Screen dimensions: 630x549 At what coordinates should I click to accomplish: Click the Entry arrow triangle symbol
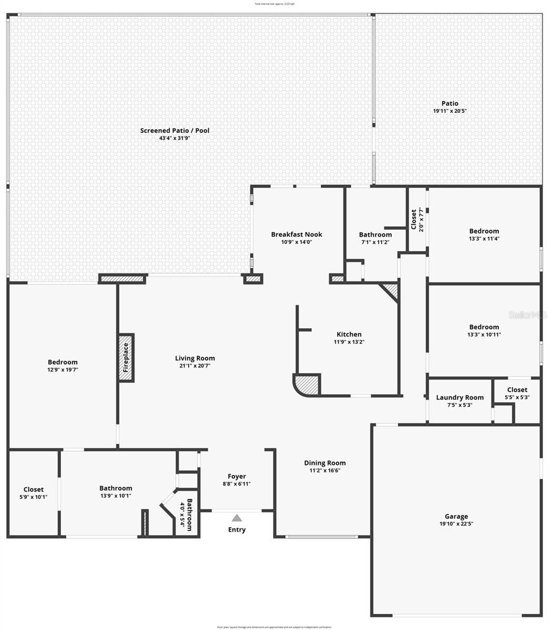point(237,518)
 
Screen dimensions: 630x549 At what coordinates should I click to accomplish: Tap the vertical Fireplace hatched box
point(126,358)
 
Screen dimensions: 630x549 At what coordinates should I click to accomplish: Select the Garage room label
point(456,517)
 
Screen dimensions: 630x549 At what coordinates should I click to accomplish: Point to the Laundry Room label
point(460,397)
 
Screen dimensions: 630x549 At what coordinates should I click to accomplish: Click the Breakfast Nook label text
point(297,234)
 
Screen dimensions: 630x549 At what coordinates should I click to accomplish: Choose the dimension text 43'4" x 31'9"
point(175,138)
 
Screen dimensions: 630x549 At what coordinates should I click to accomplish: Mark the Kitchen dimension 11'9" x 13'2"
point(349,342)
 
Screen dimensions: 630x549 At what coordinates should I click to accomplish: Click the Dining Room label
point(325,463)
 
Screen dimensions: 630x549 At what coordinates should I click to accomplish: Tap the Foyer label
point(237,476)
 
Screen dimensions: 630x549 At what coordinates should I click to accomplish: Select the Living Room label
point(195,358)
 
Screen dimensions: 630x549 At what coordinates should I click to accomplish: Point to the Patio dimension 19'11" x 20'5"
point(450,111)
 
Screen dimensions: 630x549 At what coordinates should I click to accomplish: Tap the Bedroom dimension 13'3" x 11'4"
point(484,238)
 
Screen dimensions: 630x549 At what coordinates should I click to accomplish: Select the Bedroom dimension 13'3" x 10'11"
point(484,334)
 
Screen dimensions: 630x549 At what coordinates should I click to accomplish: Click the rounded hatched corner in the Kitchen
point(308,384)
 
